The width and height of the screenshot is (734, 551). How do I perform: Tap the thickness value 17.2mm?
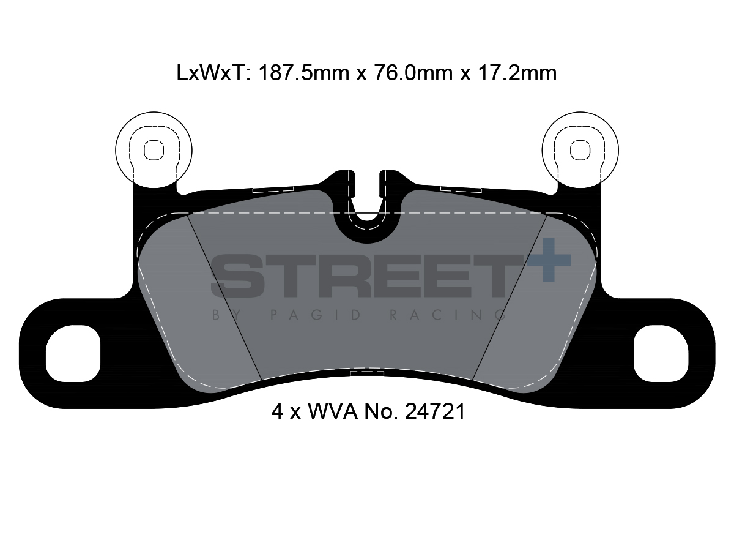[x=516, y=73]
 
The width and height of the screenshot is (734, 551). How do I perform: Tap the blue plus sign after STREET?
[x=548, y=260]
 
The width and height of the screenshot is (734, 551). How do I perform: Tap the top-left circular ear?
[x=154, y=149]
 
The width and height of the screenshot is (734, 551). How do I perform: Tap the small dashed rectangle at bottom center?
[x=366, y=373]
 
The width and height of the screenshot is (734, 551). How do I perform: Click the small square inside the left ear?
[x=154, y=149]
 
